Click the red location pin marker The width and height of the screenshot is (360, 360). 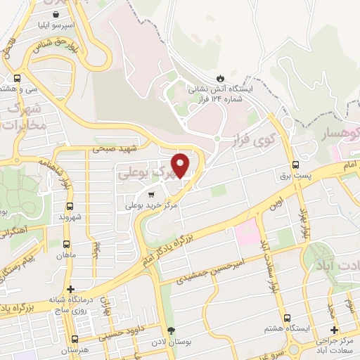point(181,165)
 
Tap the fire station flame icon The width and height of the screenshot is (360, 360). point(221,77)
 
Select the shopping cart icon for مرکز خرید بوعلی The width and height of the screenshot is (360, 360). point(150,193)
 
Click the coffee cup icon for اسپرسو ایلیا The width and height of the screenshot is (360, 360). point(65,13)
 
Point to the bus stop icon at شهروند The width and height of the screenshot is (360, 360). point(69,206)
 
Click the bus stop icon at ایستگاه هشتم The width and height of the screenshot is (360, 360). point(288,317)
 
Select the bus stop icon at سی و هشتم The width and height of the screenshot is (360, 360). point(17,78)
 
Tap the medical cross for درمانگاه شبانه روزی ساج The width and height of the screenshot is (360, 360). point(70,289)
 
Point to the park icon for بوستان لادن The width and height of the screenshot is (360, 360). point(170,330)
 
